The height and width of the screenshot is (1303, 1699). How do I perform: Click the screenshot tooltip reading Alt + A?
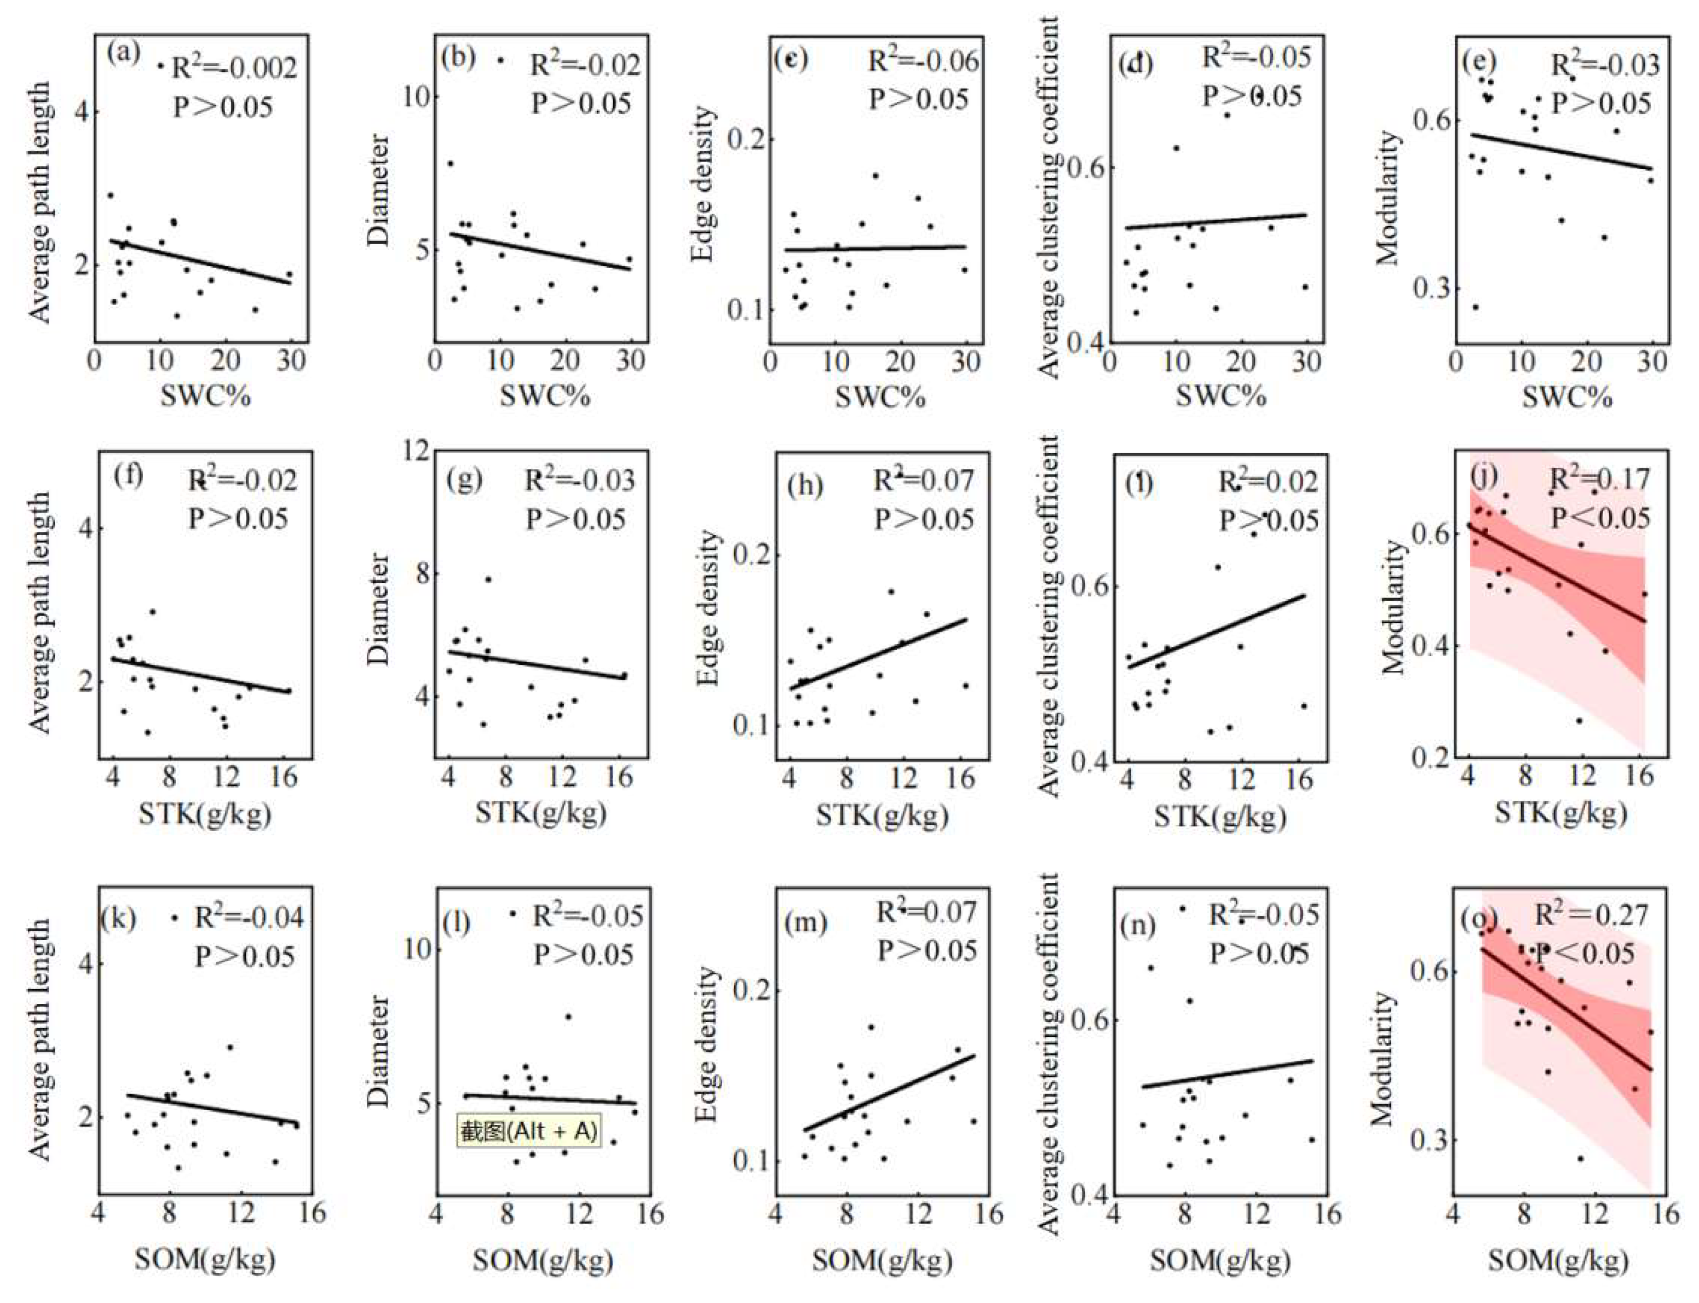(x=528, y=1132)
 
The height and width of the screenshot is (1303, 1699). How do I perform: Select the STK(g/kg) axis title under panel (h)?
(x=882, y=815)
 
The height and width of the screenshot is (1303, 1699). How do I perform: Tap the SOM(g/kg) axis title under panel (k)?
(x=205, y=1260)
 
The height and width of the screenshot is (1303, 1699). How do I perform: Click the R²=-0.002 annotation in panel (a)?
(x=233, y=68)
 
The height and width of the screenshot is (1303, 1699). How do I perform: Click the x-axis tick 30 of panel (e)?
(x=1651, y=362)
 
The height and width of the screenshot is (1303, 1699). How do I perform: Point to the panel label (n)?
(x=1140, y=925)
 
